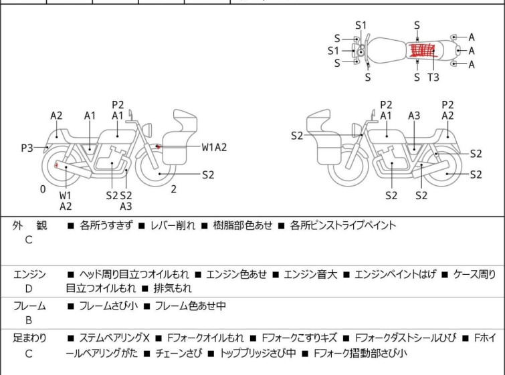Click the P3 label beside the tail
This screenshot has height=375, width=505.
pos(27,147)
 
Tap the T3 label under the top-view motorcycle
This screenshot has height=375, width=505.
pos(433,78)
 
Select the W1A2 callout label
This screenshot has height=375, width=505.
pos(215,147)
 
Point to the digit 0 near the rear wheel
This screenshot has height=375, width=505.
pos(43,189)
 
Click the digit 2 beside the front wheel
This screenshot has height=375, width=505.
pos(173,189)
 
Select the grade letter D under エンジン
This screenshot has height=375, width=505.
pos(29,289)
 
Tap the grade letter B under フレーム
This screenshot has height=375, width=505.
pos(29,320)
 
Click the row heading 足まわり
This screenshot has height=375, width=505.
pos(30,338)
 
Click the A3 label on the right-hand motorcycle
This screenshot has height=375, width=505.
pos(415,116)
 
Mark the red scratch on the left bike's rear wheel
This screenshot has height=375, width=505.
pos(56,164)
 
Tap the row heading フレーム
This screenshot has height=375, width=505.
pos(30,306)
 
